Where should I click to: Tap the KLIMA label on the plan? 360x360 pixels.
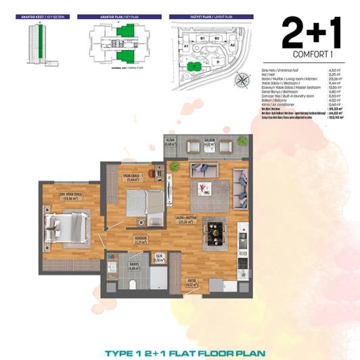(171, 142)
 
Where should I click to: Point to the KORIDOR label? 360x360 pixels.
(141, 240)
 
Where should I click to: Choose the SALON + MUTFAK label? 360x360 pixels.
(186, 219)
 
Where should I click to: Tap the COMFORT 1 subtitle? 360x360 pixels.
(311, 53)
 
